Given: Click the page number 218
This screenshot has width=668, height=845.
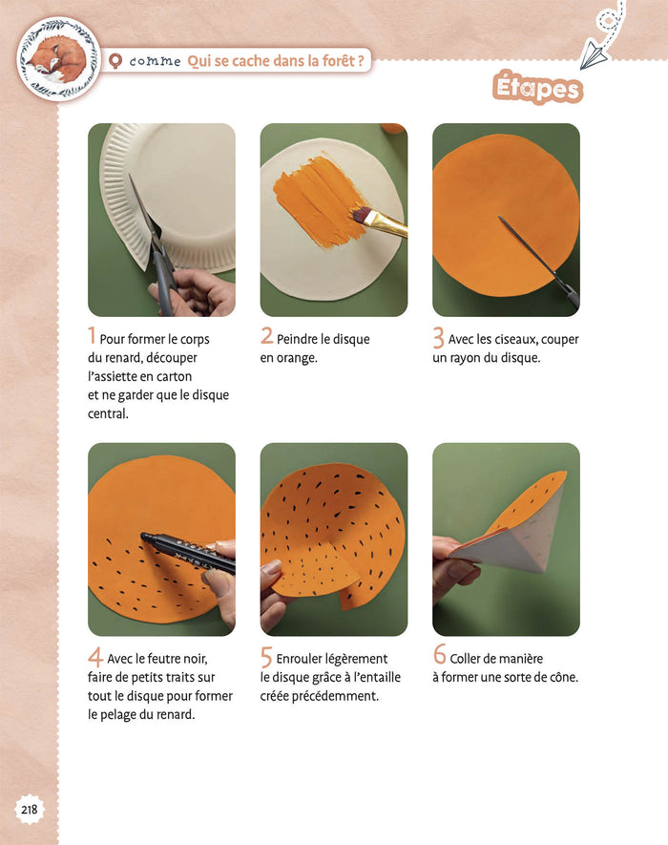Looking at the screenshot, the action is (29, 809).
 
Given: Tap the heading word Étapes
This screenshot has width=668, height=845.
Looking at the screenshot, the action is (537, 87).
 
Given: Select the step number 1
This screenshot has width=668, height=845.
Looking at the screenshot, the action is (93, 336).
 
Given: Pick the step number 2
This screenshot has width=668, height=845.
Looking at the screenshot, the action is (266, 336).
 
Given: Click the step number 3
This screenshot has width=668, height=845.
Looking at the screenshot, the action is (439, 338).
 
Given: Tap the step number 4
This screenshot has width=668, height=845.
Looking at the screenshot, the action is (95, 657).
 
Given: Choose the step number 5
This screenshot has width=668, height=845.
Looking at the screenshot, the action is (266, 658).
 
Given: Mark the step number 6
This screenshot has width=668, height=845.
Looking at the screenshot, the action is (440, 654).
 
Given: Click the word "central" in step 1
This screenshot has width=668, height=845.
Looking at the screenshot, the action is (108, 413).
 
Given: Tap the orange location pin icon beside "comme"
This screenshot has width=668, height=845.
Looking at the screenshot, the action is (115, 61).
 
